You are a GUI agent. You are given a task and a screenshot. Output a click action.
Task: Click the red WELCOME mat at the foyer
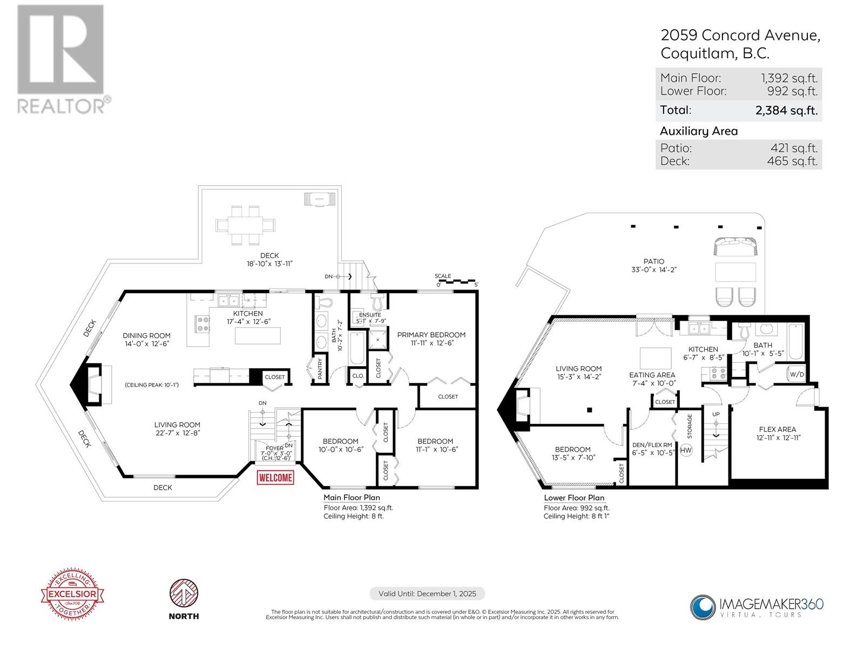coord(276,477)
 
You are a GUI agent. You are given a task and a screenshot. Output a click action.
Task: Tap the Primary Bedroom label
coord(431,335)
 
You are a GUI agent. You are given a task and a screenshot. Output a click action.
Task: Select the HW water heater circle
coord(686,450)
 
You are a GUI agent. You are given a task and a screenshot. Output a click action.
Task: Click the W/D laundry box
coord(796,374)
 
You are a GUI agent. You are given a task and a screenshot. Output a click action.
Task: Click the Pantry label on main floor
coord(320,368)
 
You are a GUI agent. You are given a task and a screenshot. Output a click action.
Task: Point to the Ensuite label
coord(370,315)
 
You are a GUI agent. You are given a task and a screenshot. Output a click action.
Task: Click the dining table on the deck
coord(246,224)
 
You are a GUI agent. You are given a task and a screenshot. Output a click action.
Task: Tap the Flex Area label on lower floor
coord(778,429)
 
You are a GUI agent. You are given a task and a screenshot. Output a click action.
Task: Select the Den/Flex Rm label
coord(652,445)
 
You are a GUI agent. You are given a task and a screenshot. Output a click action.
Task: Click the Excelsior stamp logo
coord(73,595)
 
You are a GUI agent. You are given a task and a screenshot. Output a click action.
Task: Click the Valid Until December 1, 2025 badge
coord(427,593)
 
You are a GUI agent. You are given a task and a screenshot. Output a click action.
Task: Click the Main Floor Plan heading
coord(352,497)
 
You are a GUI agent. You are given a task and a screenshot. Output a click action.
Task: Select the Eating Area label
coord(652,375)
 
